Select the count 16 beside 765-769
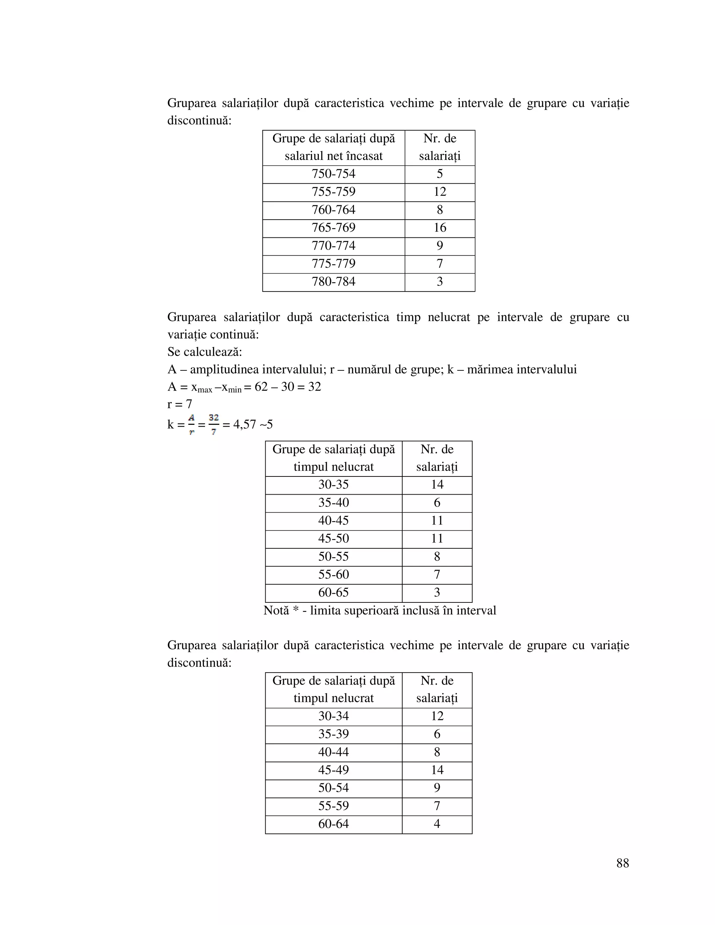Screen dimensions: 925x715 tap(440, 228)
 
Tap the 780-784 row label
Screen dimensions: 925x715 tap(333, 282)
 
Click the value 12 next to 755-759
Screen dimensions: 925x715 tap(440, 192)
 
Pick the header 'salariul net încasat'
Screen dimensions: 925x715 tap(333, 156)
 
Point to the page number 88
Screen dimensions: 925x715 tap(622, 863)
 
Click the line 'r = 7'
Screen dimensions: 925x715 tap(179, 405)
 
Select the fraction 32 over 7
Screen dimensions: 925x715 tap(214, 425)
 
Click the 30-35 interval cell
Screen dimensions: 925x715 tap(333, 485)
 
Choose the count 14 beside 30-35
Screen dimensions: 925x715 tap(437, 485)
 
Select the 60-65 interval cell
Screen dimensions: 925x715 tap(333, 593)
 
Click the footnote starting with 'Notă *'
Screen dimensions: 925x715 tap(379, 611)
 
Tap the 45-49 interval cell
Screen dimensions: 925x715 tap(333, 770)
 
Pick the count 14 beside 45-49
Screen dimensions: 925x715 tap(437, 770)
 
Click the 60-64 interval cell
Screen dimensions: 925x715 tap(333, 824)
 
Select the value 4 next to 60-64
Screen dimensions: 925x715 tap(437, 824)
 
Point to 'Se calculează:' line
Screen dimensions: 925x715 tap(205, 352)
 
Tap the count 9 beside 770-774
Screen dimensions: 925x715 tap(440, 246)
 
